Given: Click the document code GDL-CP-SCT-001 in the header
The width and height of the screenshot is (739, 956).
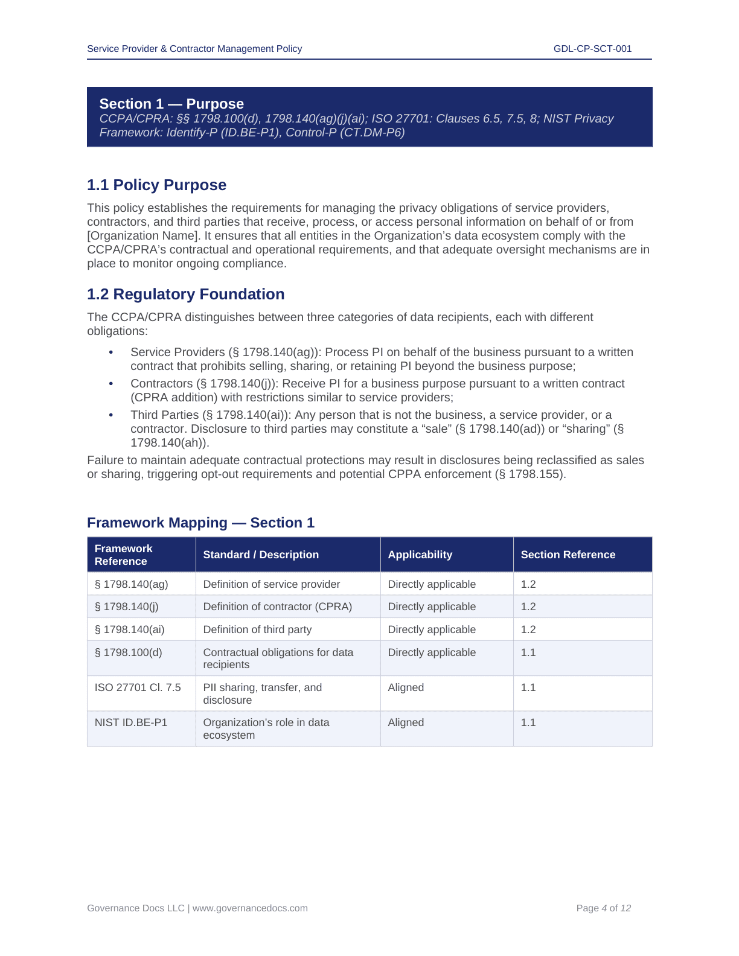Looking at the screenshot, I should tap(592, 49).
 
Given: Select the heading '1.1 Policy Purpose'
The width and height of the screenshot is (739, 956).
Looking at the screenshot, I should tap(156, 185).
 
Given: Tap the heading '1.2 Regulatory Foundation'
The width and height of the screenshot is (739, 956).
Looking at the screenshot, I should tap(185, 295).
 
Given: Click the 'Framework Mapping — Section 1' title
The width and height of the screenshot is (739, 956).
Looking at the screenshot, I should tap(200, 523).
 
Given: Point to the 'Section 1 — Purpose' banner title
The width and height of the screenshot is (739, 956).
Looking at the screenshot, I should tap(171, 104).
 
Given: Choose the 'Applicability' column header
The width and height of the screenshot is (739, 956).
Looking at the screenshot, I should tap(420, 555).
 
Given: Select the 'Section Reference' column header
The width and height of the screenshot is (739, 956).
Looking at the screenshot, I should tap(568, 555).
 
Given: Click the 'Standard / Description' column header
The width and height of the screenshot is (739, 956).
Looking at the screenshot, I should tap(261, 555).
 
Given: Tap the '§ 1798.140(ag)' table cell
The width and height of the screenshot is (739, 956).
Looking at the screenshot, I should tap(131, 584).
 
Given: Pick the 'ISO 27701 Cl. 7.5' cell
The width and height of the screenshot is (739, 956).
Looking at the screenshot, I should tap(138, 687).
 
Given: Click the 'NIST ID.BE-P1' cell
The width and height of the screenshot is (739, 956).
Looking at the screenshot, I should tap(131, 722).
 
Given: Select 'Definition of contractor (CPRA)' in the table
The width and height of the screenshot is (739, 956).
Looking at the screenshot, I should tap(277, 607).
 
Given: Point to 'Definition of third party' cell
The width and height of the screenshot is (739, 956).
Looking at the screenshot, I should tap(257, 629).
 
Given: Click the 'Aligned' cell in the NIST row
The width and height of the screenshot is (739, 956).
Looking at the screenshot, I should tap(406, 722).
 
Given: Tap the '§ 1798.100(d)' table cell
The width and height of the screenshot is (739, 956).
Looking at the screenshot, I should tap(128, 652).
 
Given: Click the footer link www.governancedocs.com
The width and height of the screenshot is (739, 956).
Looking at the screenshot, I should tap(250, 908).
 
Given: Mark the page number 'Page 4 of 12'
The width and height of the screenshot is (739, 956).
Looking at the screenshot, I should tap(603, 908).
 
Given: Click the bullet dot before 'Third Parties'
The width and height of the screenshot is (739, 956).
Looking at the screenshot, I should tap(111, 415).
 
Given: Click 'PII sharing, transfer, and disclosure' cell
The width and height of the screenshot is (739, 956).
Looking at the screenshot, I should tap(263, 693).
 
